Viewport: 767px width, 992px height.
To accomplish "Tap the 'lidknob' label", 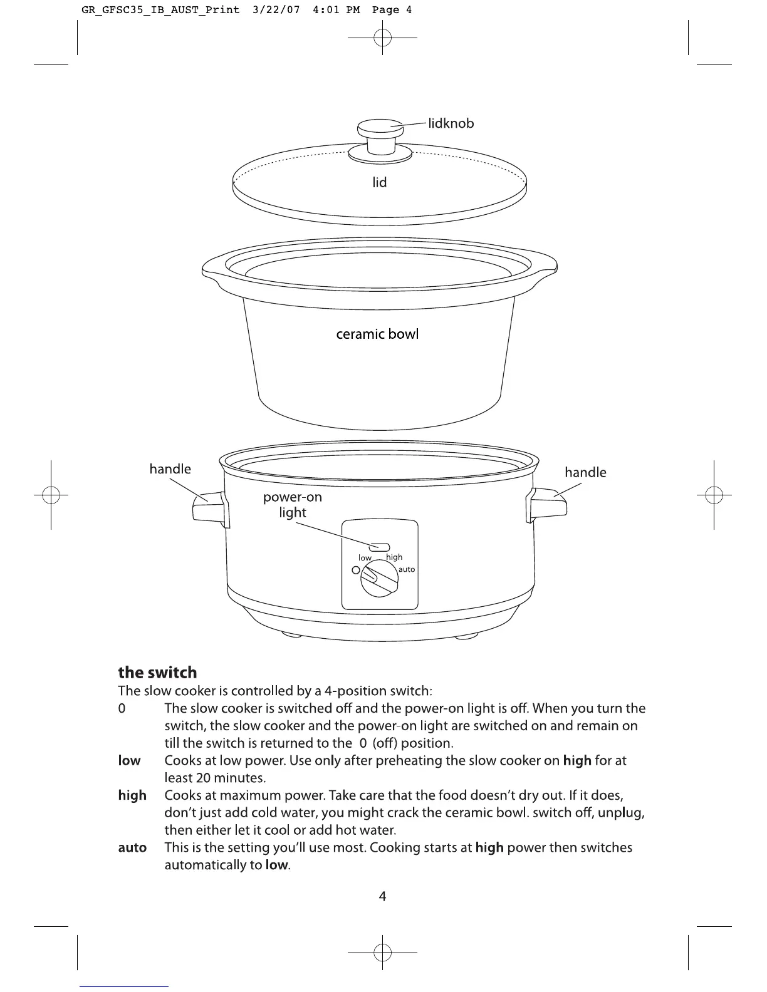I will point(451,123).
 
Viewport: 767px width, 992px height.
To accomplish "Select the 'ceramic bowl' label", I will point(377,334).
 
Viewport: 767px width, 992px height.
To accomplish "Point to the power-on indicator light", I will point(380,547).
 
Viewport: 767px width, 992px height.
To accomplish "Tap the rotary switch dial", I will point(378,578).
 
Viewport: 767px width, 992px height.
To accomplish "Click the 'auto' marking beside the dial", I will point(407,569).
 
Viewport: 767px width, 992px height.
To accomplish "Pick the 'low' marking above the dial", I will point(365,557).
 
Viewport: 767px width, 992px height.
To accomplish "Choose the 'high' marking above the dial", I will point(394,557).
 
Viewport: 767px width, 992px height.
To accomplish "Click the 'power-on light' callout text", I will point(293,505).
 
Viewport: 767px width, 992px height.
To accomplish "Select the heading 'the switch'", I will point(157,673).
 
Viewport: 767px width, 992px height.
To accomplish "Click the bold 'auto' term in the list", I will point(132,848).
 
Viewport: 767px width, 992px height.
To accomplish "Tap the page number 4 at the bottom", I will point(382,896).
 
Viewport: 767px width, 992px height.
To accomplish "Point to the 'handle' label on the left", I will point(170,469).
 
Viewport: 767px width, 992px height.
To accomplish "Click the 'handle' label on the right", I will point(585,472).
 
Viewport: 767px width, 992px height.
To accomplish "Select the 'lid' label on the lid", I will point(380,182).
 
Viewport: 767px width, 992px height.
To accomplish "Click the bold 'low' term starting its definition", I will point(129,760).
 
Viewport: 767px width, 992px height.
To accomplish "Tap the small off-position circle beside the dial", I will point(355,570).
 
